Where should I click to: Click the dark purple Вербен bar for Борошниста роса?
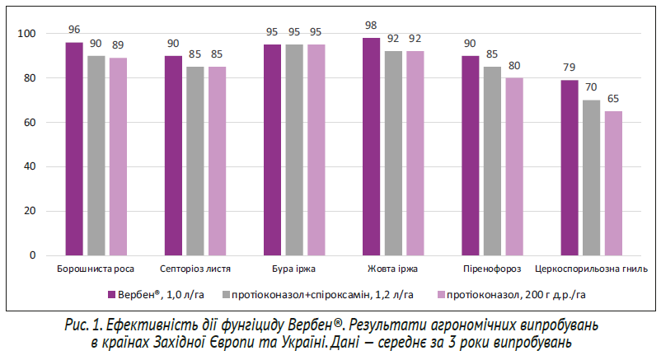74,148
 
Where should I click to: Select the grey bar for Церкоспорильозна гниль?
591,177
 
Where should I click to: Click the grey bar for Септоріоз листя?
195,161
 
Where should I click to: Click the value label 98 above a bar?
371,26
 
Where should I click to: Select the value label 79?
570,68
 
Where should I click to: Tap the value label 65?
613,100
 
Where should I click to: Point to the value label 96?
74,30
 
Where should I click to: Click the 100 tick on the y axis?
28,34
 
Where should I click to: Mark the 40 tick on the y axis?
30,166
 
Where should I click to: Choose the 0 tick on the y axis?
33,255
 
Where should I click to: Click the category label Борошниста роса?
96,269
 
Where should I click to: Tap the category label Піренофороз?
492,269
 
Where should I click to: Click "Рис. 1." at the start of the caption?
83,324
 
